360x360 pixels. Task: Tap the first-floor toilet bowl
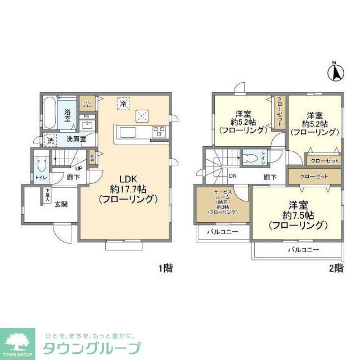[40, 164]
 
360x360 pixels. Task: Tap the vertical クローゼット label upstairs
[280, 111]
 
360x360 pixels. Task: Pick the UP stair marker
[79, 168]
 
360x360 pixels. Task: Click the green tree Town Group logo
[18, 341]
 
